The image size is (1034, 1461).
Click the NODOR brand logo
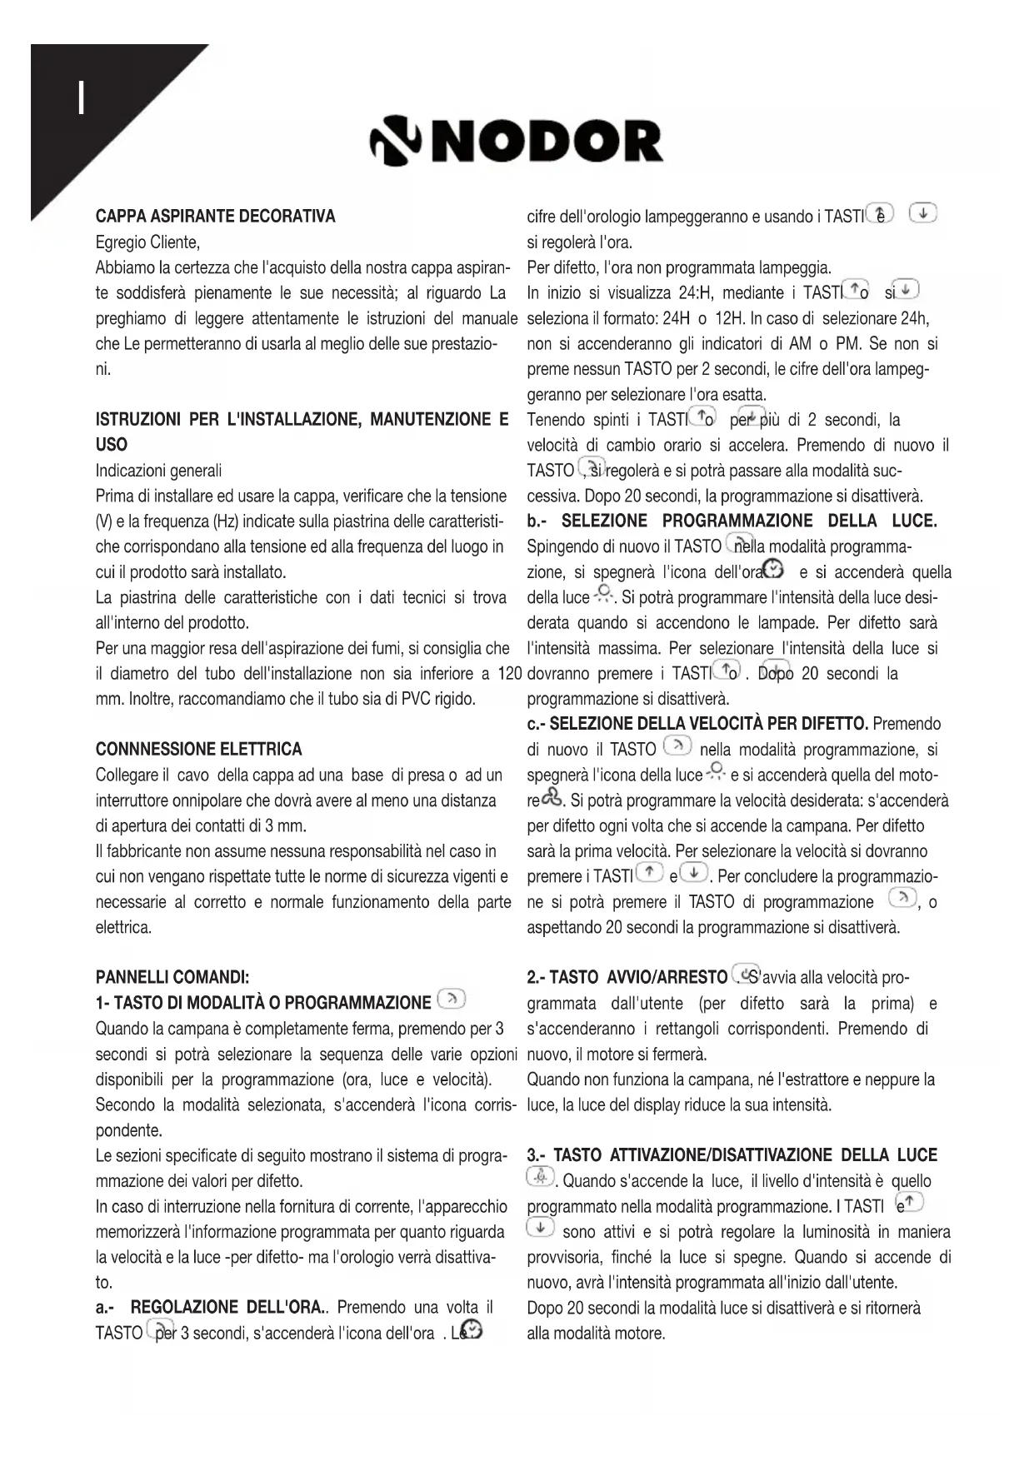point(517,142)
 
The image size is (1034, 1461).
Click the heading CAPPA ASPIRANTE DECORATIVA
point(215,217)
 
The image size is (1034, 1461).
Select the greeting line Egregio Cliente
point(147,242)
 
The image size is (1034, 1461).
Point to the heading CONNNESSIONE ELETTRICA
point(198,749)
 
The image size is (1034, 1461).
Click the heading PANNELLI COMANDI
point(172,977)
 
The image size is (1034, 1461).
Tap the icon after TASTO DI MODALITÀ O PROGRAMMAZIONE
point(451,1000)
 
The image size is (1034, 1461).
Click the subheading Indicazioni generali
point(158,471)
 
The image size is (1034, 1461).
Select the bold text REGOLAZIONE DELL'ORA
point(228,1307)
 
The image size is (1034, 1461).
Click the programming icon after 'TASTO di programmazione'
point(902,900)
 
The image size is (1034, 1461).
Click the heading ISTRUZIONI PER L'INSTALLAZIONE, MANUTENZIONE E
point(302,420)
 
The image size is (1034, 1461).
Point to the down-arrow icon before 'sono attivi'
point(540,1229)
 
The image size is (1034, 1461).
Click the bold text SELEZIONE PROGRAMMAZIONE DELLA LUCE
point(749,521)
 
